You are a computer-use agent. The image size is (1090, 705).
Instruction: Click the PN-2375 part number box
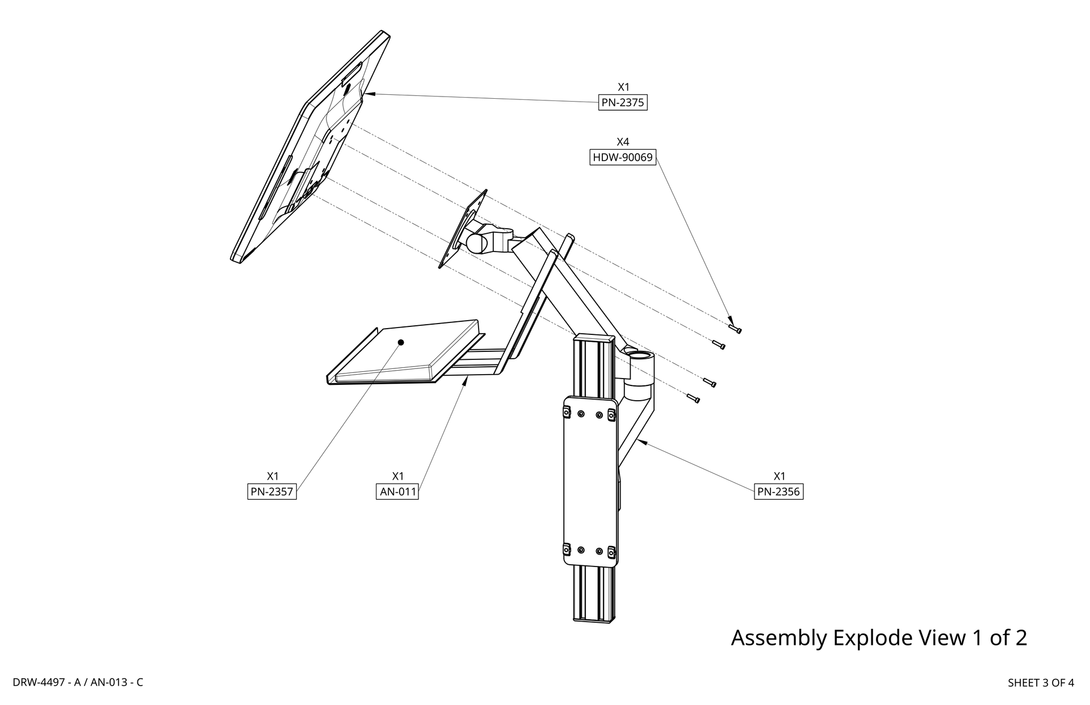tap(623, 103)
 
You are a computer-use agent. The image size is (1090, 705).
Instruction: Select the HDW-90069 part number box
tap(623, 157)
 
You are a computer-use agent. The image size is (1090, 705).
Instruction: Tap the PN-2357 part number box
tap(272, 492)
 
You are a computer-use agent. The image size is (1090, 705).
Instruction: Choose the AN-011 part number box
tap(397, 492)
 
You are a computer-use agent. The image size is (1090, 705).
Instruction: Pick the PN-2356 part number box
tap(779, 492)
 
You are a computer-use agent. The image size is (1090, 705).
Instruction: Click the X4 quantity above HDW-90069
tap(623, 142)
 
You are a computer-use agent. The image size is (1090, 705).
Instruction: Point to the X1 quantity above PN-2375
tap(623, 87)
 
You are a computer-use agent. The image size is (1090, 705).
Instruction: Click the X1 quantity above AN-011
tap(397, 476)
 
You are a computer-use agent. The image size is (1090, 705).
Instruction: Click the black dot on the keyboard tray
tap(401, 342)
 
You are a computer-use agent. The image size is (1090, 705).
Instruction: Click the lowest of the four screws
tap(693, 398)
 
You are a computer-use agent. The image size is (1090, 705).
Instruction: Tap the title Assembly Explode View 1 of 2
tap(878, 637)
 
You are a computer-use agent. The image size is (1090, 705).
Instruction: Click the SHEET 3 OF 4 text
tap(1040, 683)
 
